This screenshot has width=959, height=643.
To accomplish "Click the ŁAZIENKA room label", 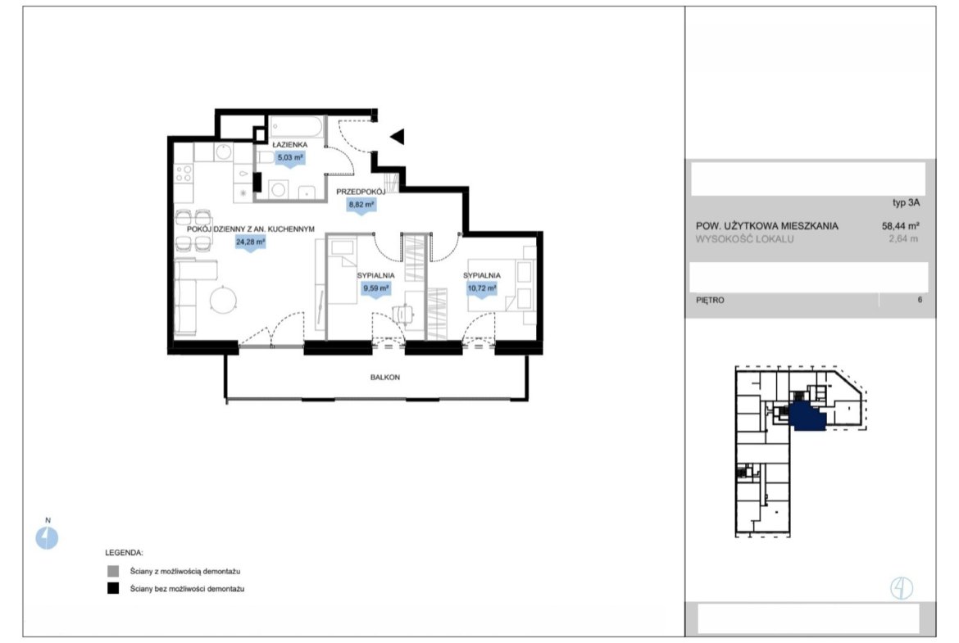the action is [290, 144].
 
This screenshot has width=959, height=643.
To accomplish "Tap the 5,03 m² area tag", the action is [290, 158].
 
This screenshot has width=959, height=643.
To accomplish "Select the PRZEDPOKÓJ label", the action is [361, 192].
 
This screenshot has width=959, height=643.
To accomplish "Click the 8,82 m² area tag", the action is [361, 206].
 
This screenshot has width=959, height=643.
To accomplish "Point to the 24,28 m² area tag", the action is [250, 242].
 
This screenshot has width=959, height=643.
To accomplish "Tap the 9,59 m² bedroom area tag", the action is [375, 288].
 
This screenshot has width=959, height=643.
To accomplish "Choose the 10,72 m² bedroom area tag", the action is [482, 288].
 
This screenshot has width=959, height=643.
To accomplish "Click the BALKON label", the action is [385, 378].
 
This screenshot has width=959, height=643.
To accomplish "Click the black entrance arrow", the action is [398, 136].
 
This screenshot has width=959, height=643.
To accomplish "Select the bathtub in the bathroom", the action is [297, 127].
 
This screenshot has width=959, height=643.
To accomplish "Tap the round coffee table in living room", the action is [223, 301].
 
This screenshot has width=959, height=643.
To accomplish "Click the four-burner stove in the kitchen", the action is [184, 174].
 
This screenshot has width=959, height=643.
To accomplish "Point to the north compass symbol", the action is [47, 538].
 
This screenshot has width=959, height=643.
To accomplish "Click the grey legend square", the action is [113, 571].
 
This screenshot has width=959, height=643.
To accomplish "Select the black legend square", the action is [113, 588].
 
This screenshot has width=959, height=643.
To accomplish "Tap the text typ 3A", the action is [906, 203].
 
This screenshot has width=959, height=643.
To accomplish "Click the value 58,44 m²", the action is [901, 225].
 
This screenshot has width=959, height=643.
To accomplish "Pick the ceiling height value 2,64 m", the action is [903, 239].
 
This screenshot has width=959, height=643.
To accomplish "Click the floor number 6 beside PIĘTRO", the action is [919, 300].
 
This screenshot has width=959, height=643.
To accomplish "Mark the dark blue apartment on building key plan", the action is [808, 416].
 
